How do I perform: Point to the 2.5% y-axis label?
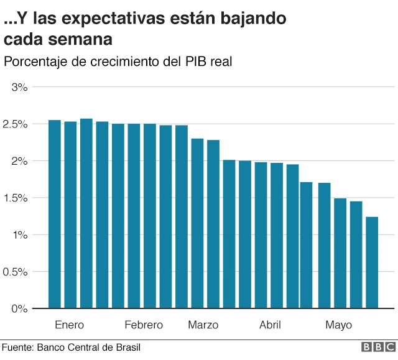[16, 124]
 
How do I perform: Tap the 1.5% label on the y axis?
[16, 198]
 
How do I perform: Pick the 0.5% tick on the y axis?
[16, 272]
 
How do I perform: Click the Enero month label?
[69, 325]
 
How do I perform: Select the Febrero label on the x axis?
[144, 325]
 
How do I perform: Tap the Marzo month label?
[203, 325]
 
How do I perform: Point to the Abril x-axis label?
[270, 325]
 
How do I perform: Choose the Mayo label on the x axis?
[338, 325]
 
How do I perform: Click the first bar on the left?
[55, 214]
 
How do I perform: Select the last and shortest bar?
[372, 262]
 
